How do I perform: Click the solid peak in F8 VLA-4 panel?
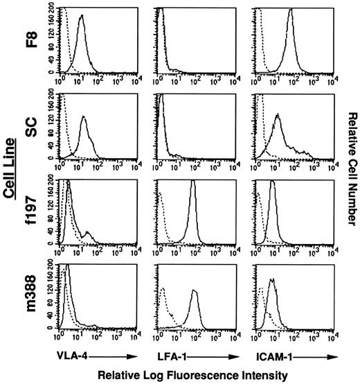(x=81, y=17)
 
